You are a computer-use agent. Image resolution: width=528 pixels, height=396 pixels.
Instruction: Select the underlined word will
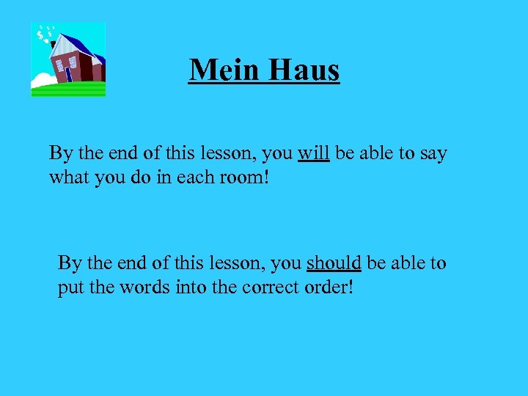coord(313,153)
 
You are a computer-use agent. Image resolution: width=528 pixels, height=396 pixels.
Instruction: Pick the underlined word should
coord(334,263)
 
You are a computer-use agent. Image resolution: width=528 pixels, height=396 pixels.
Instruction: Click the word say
coord(432,155)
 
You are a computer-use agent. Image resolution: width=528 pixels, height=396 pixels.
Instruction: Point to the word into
coord(190,287)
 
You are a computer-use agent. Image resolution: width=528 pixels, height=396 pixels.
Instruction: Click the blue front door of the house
coord(68,74)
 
